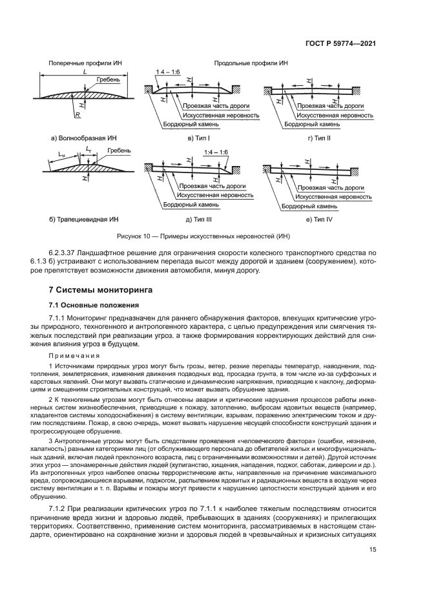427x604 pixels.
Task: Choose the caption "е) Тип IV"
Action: click(320, 220)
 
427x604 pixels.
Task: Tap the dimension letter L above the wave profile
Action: click(85, 73)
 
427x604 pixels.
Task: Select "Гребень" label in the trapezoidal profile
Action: click(120, 151)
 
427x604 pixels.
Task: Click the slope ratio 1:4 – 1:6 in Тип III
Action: click(215, 152)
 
